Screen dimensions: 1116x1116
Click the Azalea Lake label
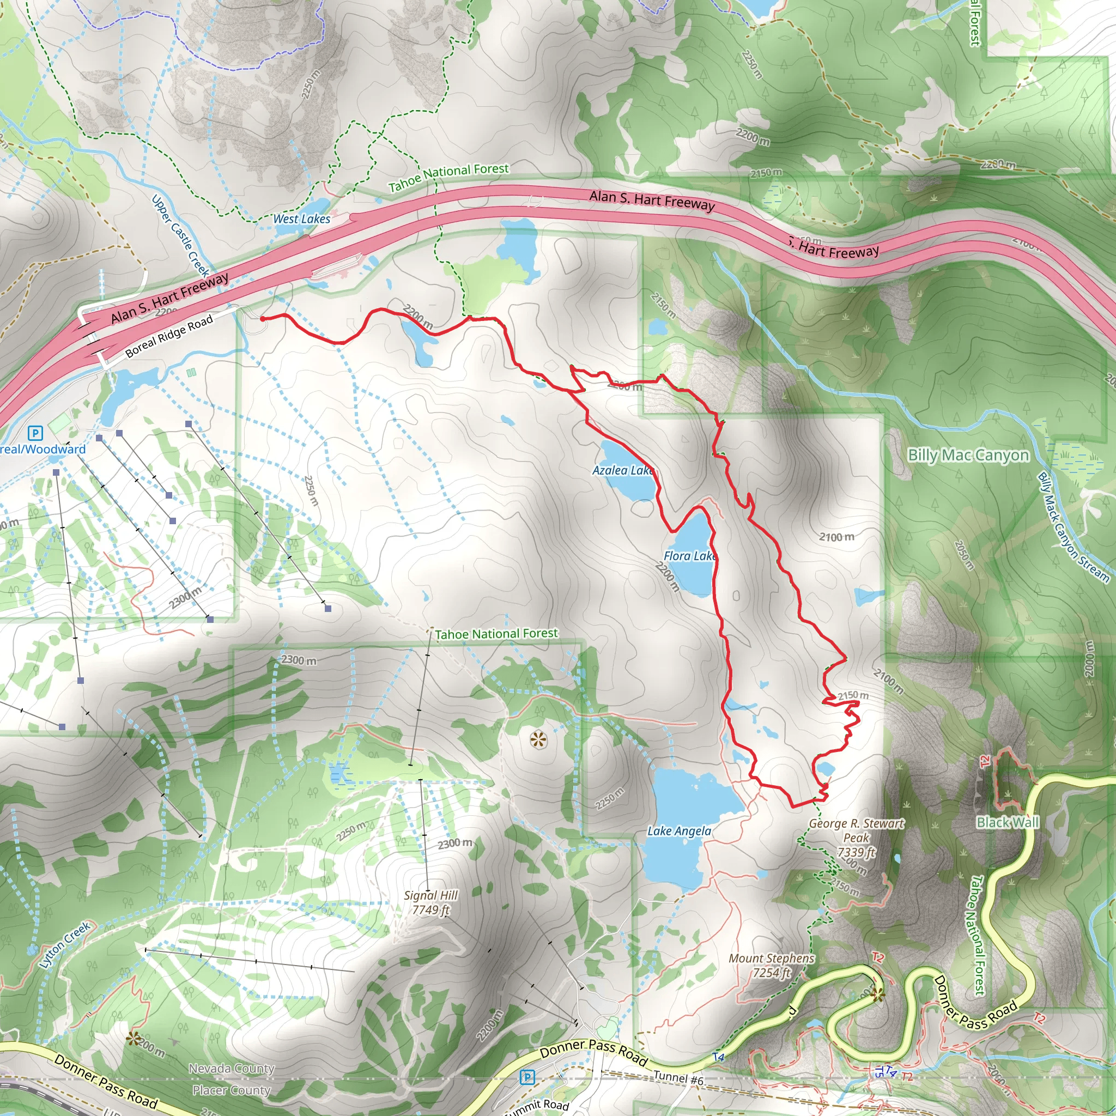[x=623, y=470]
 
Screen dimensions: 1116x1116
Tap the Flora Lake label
[x=690, y=556]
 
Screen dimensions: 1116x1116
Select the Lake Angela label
[x=680, y=830]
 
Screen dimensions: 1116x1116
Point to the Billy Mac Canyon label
[x=968, y=455]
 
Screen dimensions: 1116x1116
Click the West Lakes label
[x=301, y=219]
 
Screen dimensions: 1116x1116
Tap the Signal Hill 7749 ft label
[x=431, y=902]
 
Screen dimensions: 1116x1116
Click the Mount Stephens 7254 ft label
[x=771, y=965]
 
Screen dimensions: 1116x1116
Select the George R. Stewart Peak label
[x=856, y=838]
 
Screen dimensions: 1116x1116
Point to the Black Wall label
[x=1008, y=822]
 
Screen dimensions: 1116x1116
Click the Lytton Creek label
[x=65, y=945]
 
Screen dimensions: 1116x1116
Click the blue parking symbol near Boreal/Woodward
[x=35, y=433]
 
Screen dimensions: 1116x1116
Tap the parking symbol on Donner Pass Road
[x=527, y=1077]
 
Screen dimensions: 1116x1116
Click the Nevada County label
[x=232, y=1069]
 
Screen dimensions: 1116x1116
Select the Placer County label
[x=232, y=1090]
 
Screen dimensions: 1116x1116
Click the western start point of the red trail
[x=262, y=318]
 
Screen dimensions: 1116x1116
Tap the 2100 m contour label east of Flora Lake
[x=836, y=537]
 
